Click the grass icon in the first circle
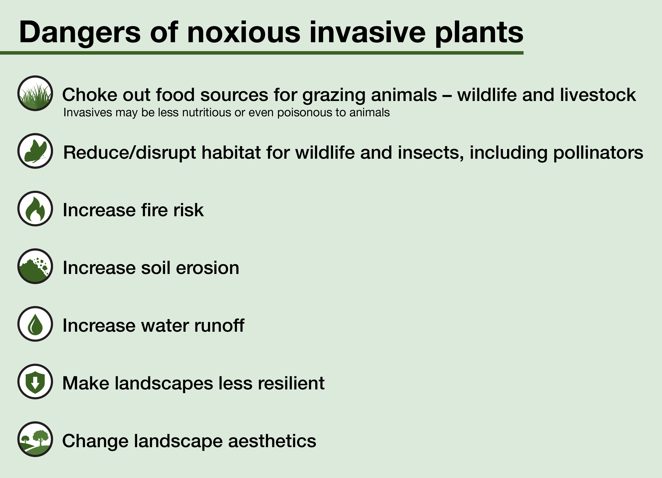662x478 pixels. point(35,93)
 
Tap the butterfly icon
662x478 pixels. point(35,151)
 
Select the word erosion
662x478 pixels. point(208,268)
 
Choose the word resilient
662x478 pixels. point(291,383)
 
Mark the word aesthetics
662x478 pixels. point(272,441)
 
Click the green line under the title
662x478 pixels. point(262,53)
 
